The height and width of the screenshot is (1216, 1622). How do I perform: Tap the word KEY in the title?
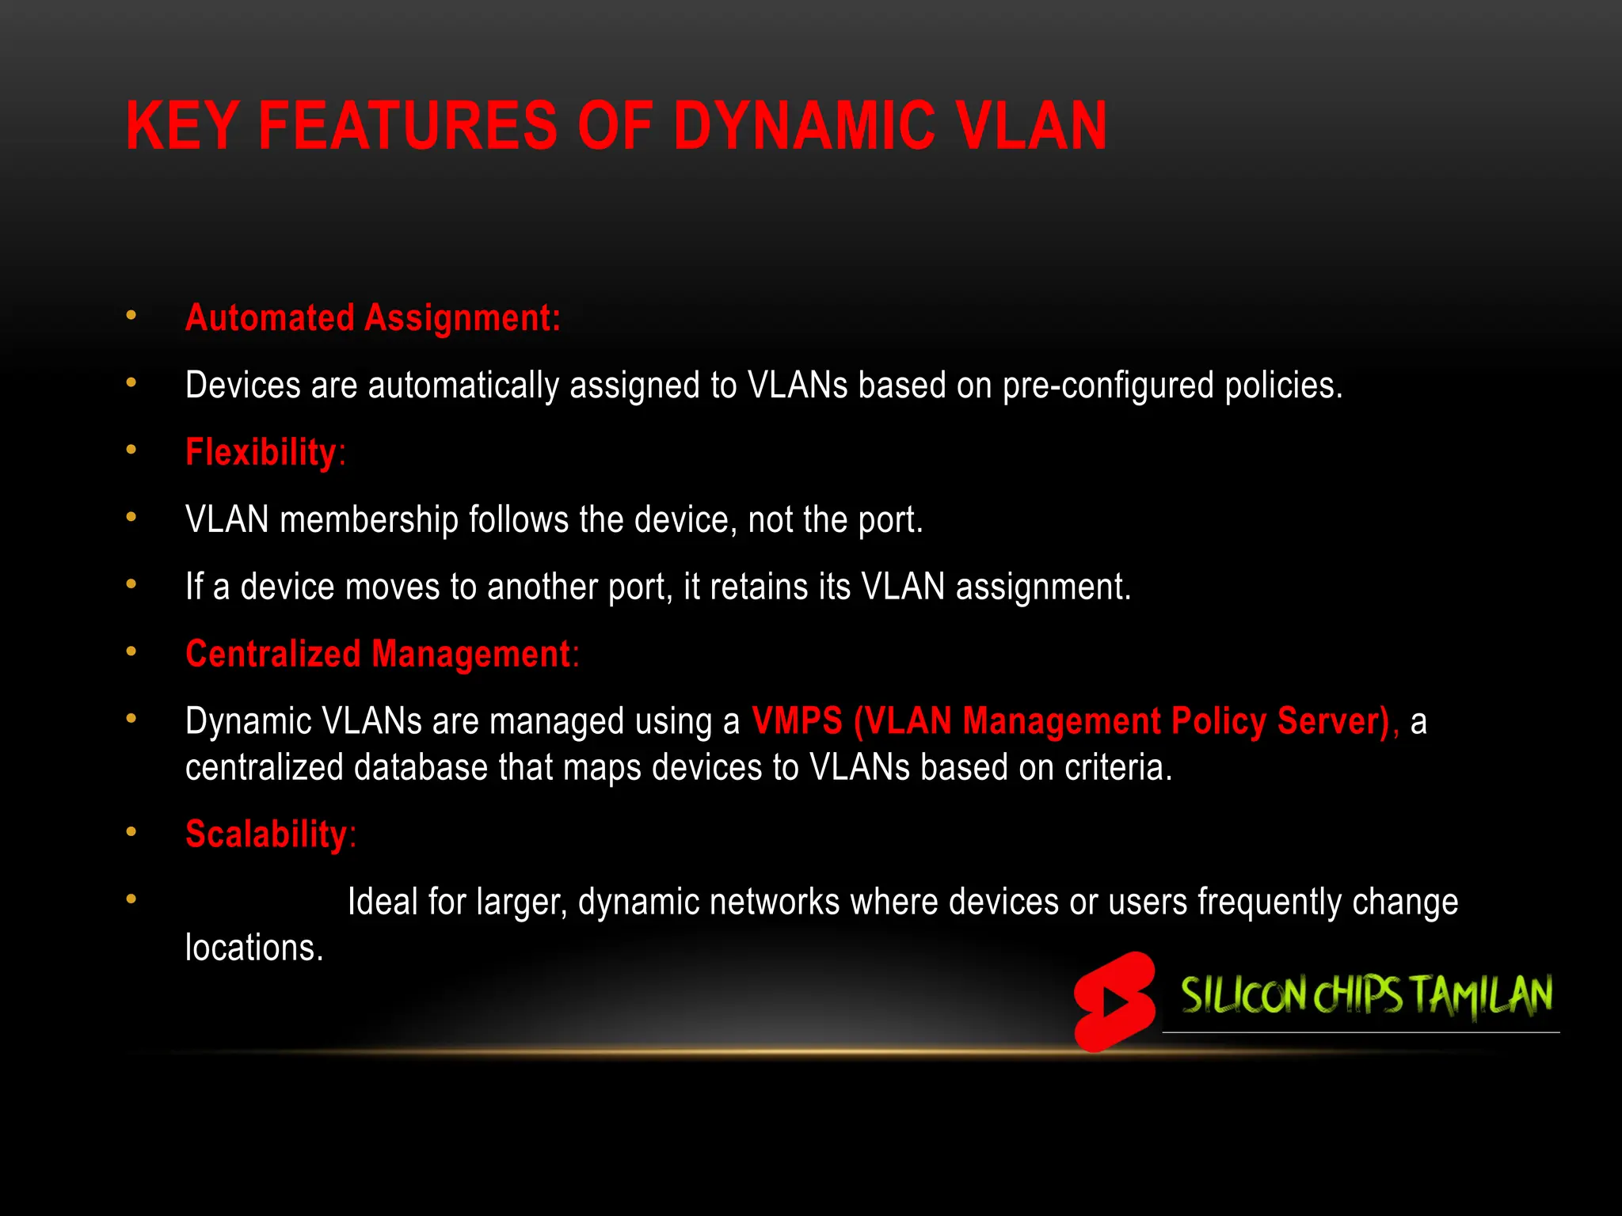pyautogui.click(x=182, y=126)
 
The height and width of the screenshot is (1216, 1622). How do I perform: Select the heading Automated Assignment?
pyautogui.click(x=372, y=318)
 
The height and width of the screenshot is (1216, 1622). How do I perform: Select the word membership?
pyautogui.click(x=369, y=520)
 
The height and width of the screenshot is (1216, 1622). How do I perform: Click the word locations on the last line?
pyautogui.click(x=253, y=948)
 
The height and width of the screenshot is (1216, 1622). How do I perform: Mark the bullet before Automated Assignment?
pyautogui.click(x=131, y=316)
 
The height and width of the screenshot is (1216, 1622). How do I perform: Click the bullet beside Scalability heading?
pyautogui.click(x=131, y=832)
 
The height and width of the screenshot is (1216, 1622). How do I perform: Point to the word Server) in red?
pyautogui.click(x=1337, y=721)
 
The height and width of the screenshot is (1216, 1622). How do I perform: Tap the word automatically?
pyautogui.click(x=463, y=386)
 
